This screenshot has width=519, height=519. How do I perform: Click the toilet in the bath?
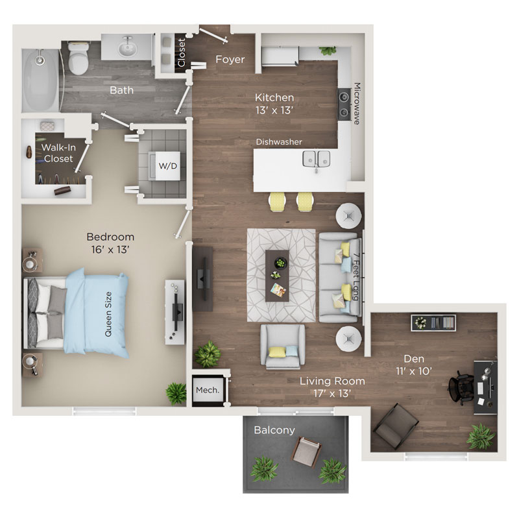[78, 58]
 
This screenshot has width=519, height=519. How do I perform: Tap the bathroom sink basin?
[127, 48]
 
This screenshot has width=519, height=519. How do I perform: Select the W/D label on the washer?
[168, 166]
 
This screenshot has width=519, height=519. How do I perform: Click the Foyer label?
[230, 59]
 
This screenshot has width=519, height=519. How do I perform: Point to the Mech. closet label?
[208, 391]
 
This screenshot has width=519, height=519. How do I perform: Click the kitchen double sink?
[317, 158]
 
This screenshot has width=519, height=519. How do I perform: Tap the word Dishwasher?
[279, 142]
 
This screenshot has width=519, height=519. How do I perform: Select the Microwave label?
[357, 104]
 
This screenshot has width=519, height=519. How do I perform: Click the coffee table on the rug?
[277, 276]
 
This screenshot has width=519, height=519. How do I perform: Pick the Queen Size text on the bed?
[108, 314]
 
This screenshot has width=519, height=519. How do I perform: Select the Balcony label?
[274, 430]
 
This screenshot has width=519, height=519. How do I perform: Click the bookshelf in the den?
[433, 322]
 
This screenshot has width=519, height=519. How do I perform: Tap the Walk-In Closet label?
[58, 153]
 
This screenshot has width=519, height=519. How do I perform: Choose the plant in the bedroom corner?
[176, 394]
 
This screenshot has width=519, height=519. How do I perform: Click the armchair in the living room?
[283, 346]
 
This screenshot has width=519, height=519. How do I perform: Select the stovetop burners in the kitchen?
[344, 104]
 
